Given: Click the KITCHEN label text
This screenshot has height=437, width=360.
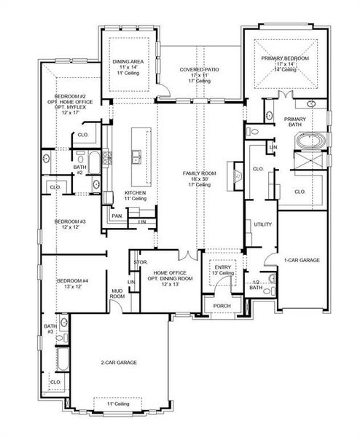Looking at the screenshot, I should pos(114,192).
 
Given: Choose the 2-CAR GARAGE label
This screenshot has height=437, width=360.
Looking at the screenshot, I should pos(119,362).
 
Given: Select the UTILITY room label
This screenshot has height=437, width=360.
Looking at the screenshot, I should pos(262,224).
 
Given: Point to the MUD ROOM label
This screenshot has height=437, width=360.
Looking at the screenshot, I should pos(117,294).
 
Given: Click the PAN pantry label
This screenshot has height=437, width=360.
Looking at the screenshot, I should pos(117,216).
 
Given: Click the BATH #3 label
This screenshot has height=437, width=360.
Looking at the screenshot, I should pos(50,329).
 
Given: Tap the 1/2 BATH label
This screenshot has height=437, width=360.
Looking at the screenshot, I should pos(256,285).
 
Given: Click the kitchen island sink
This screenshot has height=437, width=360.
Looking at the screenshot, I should pos(136,154).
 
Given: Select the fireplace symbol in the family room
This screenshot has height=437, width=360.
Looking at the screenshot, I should pos(235,176).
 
